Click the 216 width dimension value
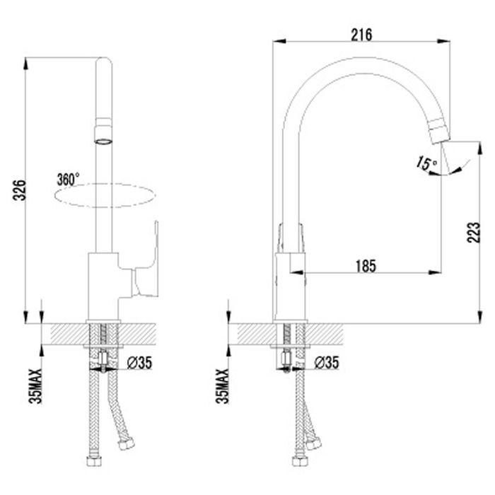pyautogui.click(x=361, y=35)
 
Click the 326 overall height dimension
pyautogui.click(x=19, y=190)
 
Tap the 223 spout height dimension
pyautogui.click(x=473, y=233)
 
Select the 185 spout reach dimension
pyautogui.click(x=366, y=266)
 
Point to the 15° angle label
pyautogui.click(x=426, y=163)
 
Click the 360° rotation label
pyautogui.click(x=68, y=180)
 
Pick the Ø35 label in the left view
pyautogui.click(x=139, y=363)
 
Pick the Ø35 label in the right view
pyautogui.click(x=327, y=362)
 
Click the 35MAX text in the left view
pyautogui.click(x=35, y=386)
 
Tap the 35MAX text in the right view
pyautogui.click(x=222, y=386)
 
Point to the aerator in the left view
pyautogui.click(x=103, y=131)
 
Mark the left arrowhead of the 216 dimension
pyautogui.click(x=279, y=41)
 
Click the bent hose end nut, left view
pyautogui.click(x=127, y=444)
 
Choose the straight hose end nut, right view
pyautogui.click(x=299, y=461)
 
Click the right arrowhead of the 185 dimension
pyautogui.click(x=434, y=272)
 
